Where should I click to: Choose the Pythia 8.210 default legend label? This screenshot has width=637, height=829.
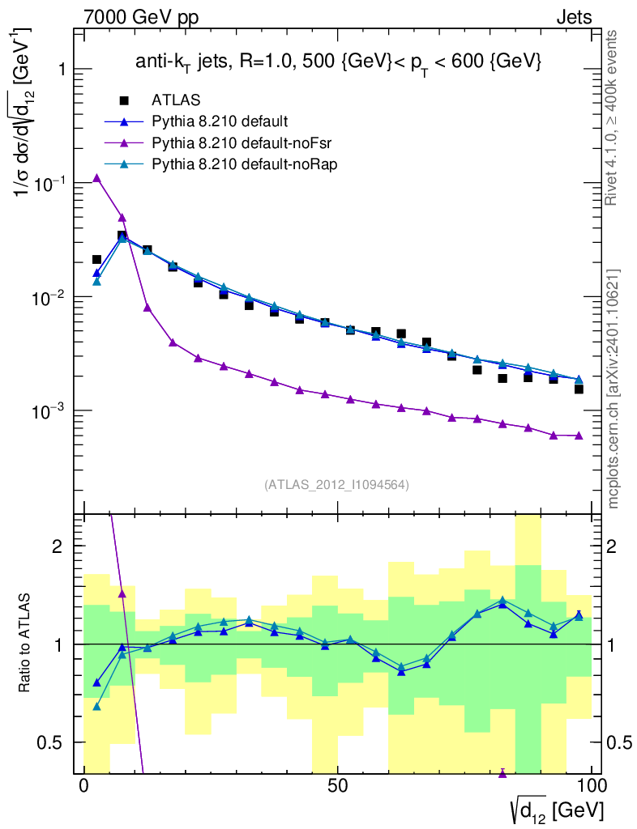pyautogui.click(x=219, y=122)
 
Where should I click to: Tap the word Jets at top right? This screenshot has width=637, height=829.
pyautogui.click(x=574, y=17)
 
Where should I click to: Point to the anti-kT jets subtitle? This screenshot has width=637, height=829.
pyautogui.click(x=338, y=62)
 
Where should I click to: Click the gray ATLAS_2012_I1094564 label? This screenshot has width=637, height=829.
pyautogui.click(x=336, y=485)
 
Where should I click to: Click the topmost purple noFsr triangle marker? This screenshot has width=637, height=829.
pyautogui.click(x=96, y=178)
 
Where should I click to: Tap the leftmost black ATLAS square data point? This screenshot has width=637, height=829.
pyautogui.click(x=96, y=260)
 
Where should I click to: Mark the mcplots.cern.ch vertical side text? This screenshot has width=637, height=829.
pyautogui.click(x=613, y=389)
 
